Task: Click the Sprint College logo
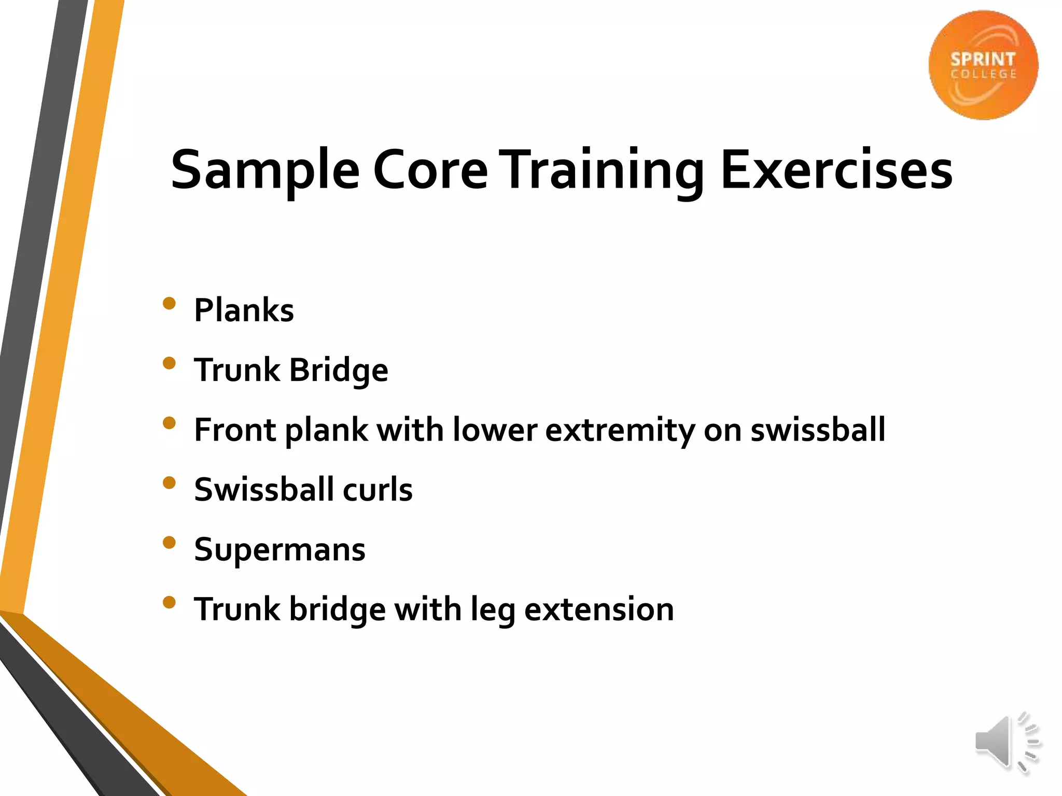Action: (983, 65)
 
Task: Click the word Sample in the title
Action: (265, 170)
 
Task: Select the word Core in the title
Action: (430, 170)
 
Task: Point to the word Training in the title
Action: (604, 170)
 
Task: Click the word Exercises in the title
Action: (836, 170)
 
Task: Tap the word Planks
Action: (244, 310)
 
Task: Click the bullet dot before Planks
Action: (169, 303)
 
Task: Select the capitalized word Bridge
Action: (338, 370)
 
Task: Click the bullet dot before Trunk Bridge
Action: (169, 363)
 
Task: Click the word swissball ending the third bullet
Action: (818, 430)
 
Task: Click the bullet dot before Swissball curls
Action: (169, 482)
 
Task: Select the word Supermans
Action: (280, 549)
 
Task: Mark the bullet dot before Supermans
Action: (169, 542)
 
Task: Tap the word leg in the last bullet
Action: (493, 610)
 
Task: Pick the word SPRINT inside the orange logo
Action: (983, 60)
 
